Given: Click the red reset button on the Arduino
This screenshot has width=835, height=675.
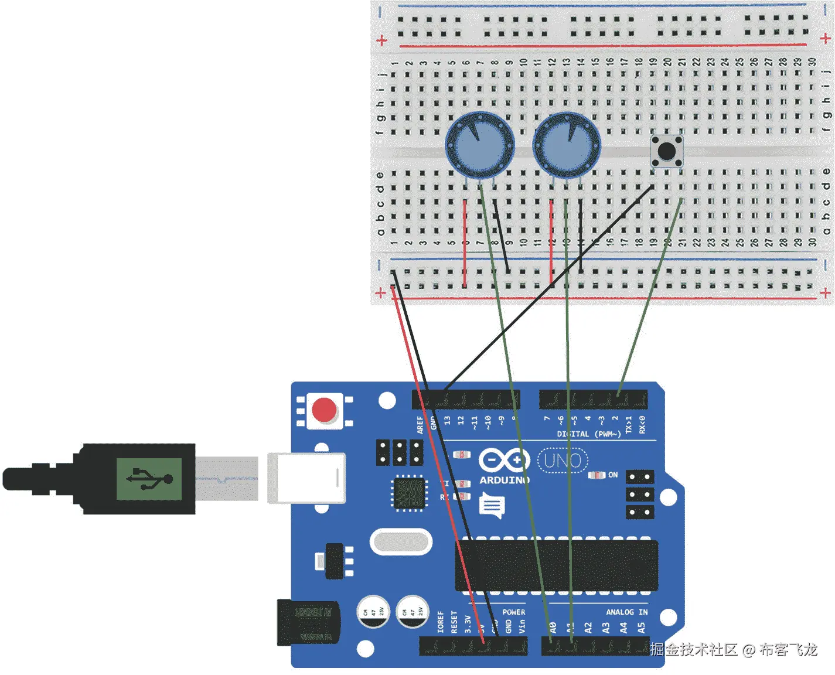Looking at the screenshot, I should pyautogui.click(x=324, y=410).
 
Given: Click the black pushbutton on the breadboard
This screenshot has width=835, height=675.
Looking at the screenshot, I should pyautogui.click(x=666, y=151).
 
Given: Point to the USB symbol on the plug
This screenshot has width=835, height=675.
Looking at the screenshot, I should pyautogui.click(x=149, y=479).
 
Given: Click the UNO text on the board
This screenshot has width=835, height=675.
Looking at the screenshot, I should pyautogui.click(x=562, y=461).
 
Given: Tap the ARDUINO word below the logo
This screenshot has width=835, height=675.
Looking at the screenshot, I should pyautogui.click(x=505, y=480).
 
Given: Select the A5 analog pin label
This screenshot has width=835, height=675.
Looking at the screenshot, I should pyautogui.click(x=642, y=628).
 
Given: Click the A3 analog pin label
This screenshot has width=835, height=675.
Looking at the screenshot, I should pyautogui.click(x=606, y=628).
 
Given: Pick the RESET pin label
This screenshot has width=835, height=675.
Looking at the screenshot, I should pyautogui.click(x=454, y=622).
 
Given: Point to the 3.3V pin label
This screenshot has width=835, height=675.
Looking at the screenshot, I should pyautogui.click(x=468, y=623).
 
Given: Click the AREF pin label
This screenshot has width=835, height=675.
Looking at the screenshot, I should pyautogui.click(x=420, y=424).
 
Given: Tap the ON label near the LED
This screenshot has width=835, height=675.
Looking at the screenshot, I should pyautogui.click(x=613, y=475).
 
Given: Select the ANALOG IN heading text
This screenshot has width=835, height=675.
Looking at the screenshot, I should pyautogui.click(x=626, y=612).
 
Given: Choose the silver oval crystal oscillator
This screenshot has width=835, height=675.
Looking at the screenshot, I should pyautogui.click(x=401, y=542).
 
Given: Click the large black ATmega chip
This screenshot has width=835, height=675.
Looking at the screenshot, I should pyautogui.click(x=557, y=565).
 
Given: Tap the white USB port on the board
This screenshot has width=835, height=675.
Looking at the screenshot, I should pyautogui.click(x=306, y=478).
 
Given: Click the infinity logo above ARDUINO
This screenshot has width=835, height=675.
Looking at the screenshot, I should pyautogui.click(x=504, y=461).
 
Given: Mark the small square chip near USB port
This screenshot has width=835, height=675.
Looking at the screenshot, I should pyautogui.click(x=408, y=493).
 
